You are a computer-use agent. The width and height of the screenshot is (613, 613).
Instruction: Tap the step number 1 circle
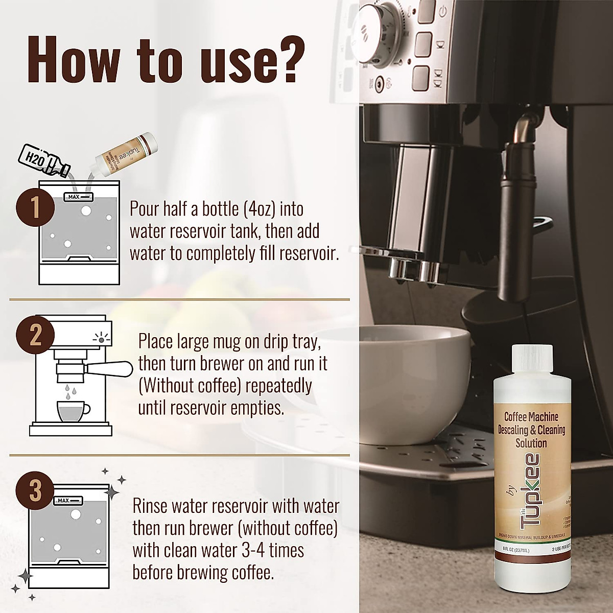35,209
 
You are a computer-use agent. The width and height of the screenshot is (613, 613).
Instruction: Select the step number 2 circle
35,336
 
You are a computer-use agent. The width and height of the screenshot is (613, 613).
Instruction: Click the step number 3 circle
35,490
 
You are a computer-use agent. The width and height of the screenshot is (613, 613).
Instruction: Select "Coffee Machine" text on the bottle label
531,417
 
